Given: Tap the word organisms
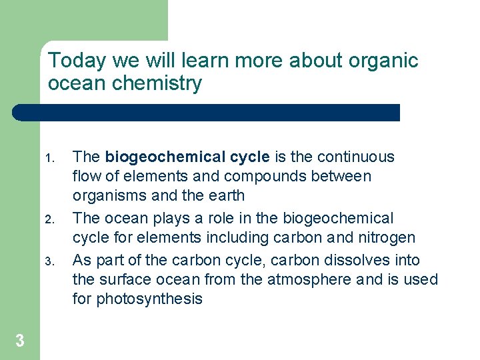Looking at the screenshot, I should tap(107, 196).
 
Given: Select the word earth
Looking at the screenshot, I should tap(226, 196).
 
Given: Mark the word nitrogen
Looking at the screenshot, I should tap(385, 238).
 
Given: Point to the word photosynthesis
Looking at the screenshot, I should tap(149, 299).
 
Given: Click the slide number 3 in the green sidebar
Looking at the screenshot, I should tap(20, 341).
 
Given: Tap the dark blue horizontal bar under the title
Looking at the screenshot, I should tap(207, 113).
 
